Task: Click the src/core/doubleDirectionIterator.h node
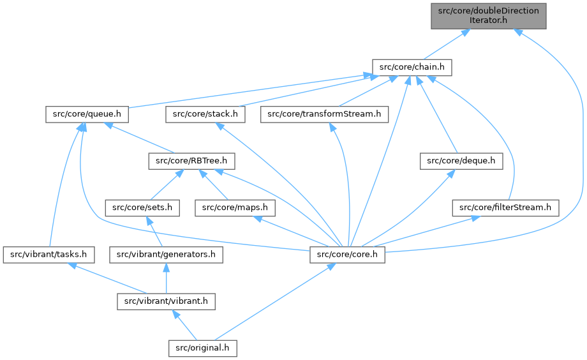[x=488, y=15]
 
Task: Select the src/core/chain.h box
[x=412, y=66]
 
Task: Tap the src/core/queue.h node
[x=87, y=114]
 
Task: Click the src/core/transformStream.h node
[x=324, y=114]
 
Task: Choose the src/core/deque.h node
[x=461, y=161]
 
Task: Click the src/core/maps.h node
[x=235, y=207]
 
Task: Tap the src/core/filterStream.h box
[x=505, y=207]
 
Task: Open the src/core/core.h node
[x=348, y=255]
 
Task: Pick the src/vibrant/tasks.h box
[x=49, y=255]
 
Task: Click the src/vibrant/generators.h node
[x=166, y=255]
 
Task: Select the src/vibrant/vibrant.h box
[x=166, y=301]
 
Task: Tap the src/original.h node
[x=203, y=348]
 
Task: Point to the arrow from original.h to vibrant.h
[x=184, y=325]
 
